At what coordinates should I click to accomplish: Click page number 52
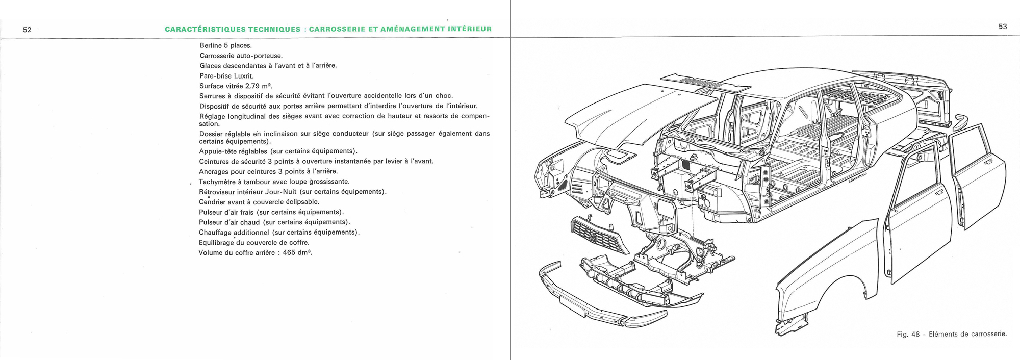pos(27,30)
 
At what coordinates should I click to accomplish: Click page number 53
pos(1002,27)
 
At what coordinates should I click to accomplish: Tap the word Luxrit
pos(243,76)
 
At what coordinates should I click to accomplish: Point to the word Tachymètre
pos(217,182)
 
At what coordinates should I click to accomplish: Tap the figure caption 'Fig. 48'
pos(908,335)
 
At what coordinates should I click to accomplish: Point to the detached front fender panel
pos(836,275)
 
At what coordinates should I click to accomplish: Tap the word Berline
pos(211,45)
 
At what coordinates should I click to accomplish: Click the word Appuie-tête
pos(218,151)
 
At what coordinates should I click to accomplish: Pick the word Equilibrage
pos(216,243)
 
